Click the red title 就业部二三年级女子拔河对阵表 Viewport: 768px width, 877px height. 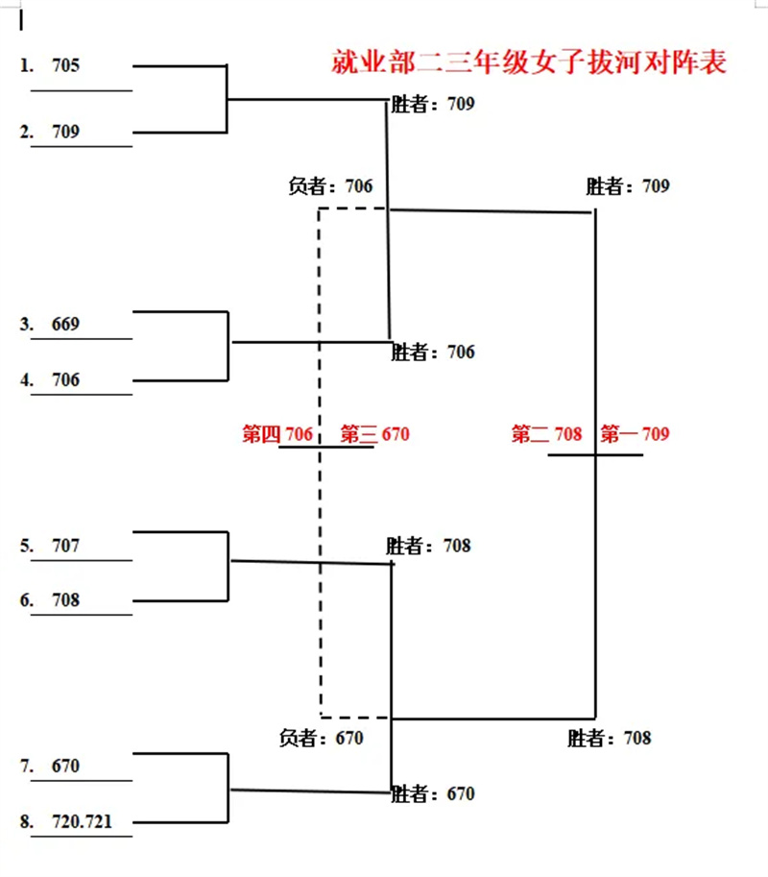[528, 63]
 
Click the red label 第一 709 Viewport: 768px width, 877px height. [635, 434]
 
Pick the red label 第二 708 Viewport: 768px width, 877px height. [546, 434]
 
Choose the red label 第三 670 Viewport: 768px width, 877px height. [374, 434]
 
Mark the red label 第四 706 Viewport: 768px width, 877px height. [276, 434]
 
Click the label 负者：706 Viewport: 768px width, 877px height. [330, 186]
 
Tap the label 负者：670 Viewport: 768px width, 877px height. [321, 738]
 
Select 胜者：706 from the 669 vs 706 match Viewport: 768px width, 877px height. [432, 353]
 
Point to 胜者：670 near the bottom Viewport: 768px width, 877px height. [432, 794]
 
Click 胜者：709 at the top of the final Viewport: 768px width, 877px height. [628, 186]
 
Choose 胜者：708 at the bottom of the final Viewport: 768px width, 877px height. [609, 738]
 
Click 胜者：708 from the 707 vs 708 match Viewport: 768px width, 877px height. [428, 546]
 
